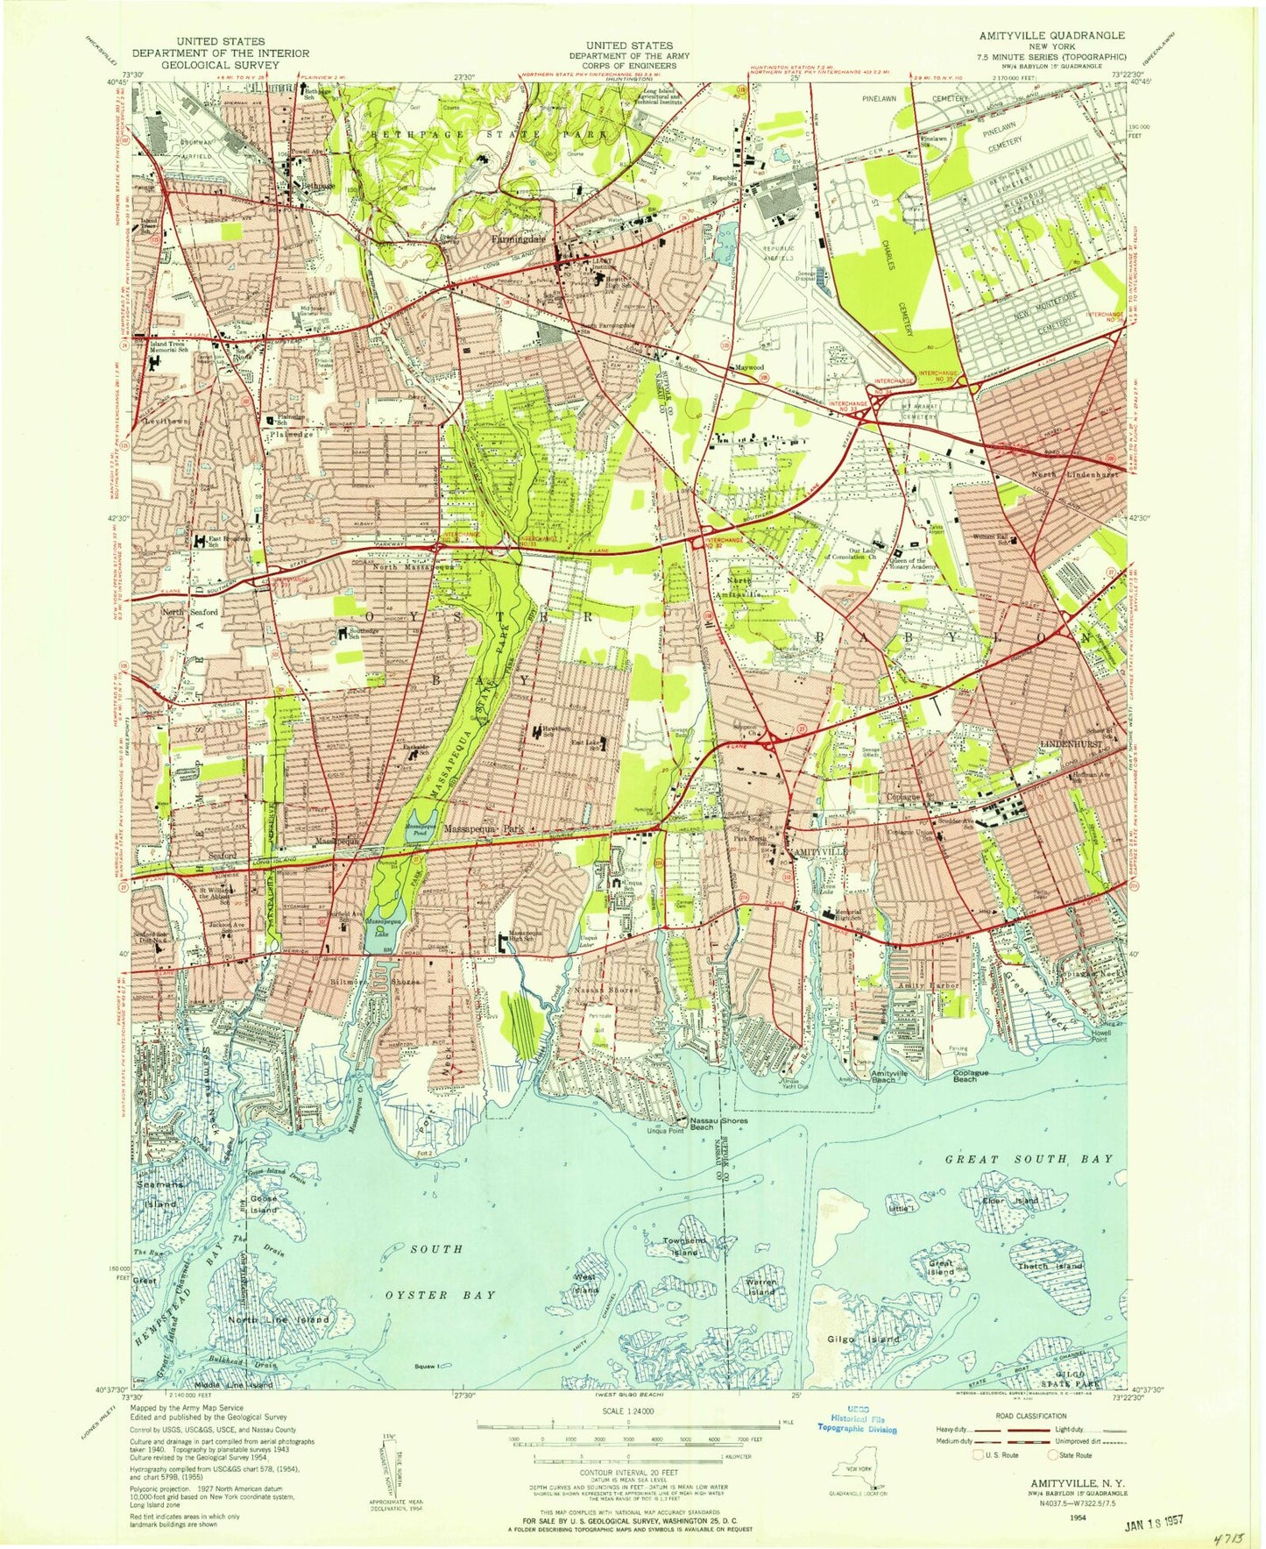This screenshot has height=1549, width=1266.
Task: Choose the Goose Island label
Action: point(263,1204)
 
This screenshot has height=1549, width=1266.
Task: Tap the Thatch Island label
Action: point(1051,1265)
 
